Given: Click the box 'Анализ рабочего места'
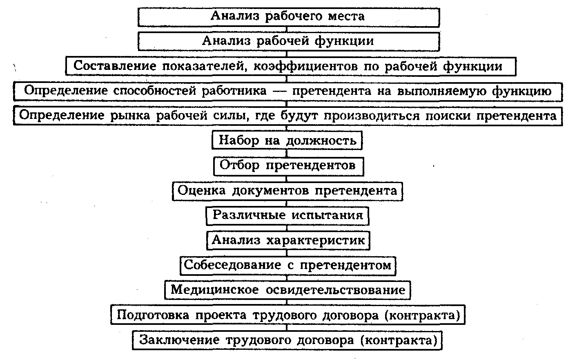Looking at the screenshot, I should [x=288, y=16].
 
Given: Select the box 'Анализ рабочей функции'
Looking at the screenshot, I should [x=288, y=41].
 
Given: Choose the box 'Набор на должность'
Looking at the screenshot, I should [x=287, y=141].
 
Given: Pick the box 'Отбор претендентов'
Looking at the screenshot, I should [x=287, y=165].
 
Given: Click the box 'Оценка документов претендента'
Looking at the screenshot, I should [x=287, y=191].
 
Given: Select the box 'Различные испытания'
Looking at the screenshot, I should [x=287, y=215].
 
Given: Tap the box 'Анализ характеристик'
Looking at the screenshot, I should [x=287, y=240].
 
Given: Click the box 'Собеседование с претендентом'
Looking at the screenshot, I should [x=287, y=265].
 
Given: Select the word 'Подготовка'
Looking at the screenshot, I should [x=153, y=315].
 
